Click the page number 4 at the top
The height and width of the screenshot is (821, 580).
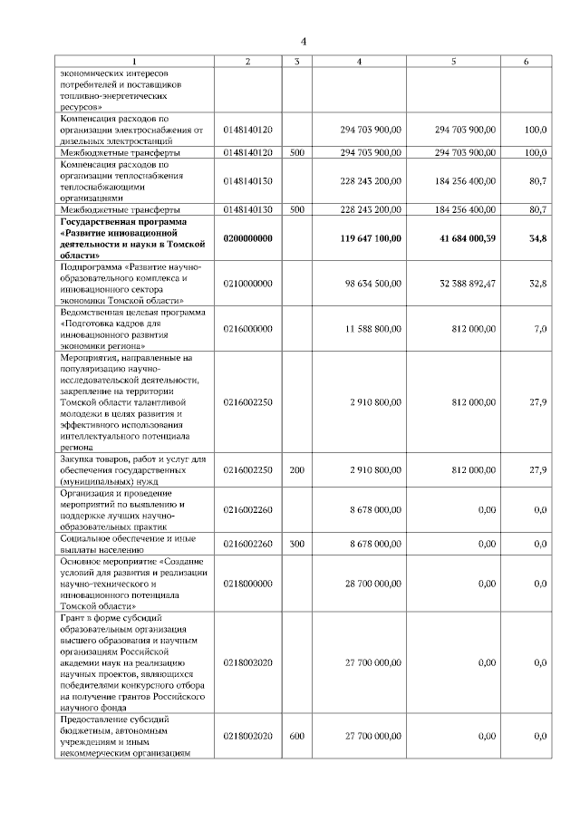click(304, 41)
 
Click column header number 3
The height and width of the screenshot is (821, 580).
click(296, 62)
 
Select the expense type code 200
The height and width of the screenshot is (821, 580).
click(296, 470)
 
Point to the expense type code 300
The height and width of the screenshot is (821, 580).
click(296, 544)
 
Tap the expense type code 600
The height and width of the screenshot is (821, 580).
click(296, 737)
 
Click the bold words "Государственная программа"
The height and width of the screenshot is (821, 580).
click(122, 221)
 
